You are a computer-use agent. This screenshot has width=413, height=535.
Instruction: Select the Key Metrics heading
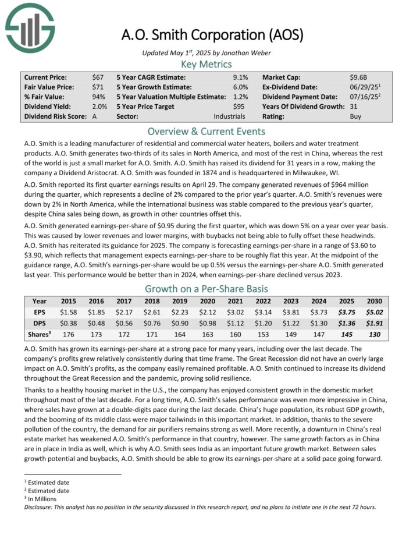pyautogui.click(x=206, y=64)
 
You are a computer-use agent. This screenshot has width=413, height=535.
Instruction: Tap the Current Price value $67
pyautogui.click(x=98, y=77)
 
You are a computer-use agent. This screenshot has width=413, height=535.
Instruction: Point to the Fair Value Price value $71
pyautogui.click(x=98, y=87)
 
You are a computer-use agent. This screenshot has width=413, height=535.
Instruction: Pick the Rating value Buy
pyautogui.click(x=355, y=116)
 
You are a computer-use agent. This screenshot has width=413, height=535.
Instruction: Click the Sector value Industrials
pyautogui.click(x=230, y=116)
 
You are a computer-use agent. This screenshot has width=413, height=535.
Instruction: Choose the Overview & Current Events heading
pyautogui.click(x=206, y=131)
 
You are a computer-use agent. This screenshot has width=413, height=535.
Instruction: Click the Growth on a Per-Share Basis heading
pyautogui.click(x=206, y=289)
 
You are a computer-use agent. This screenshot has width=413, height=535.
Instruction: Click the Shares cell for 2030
pyautogui.click(x=375, y=334)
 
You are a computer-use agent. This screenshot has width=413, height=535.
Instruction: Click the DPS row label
pyautogui.click(x=40, y=323)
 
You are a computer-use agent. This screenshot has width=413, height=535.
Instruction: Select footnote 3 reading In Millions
pyautogui.click(x=46, y=499)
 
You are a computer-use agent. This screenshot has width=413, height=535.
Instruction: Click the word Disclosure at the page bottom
pyautogui.click(x=39, y=507)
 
